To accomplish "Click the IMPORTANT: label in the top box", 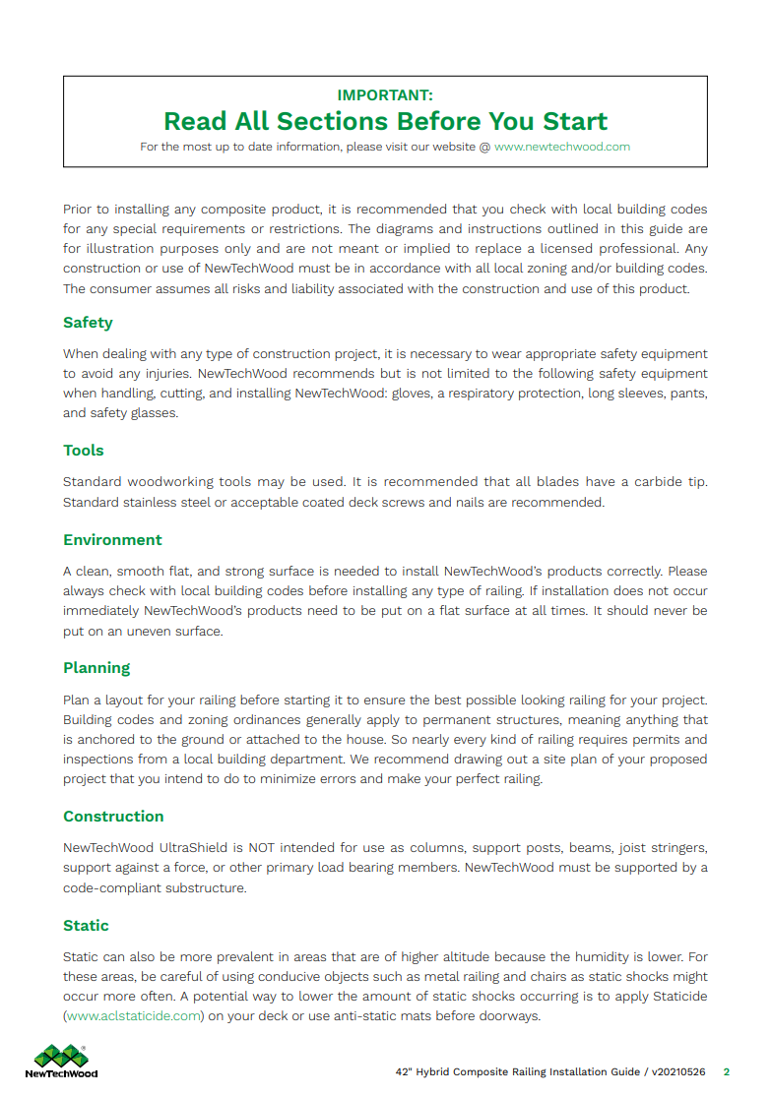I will (385, 95).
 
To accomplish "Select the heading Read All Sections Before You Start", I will (385, 122).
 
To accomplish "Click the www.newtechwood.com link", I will (562, 147).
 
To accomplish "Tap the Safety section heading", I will (88, 323).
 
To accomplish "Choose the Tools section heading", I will (84, 451).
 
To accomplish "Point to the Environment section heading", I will (112, 540).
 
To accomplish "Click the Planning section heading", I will (96, 668).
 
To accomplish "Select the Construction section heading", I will (113, 817).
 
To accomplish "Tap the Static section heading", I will (86, 926).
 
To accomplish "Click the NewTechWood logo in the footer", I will (61, 1061).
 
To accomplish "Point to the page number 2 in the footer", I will (727, 1072).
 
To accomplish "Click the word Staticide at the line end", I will (677, 997).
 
